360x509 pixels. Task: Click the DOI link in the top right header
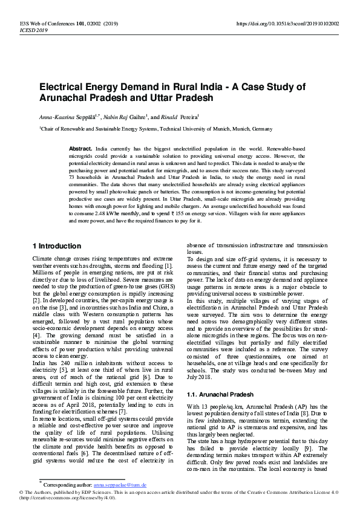tap(287, 24)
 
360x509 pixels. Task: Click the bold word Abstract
tap(80, 148)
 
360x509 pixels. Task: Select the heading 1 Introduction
tap(56, 246)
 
